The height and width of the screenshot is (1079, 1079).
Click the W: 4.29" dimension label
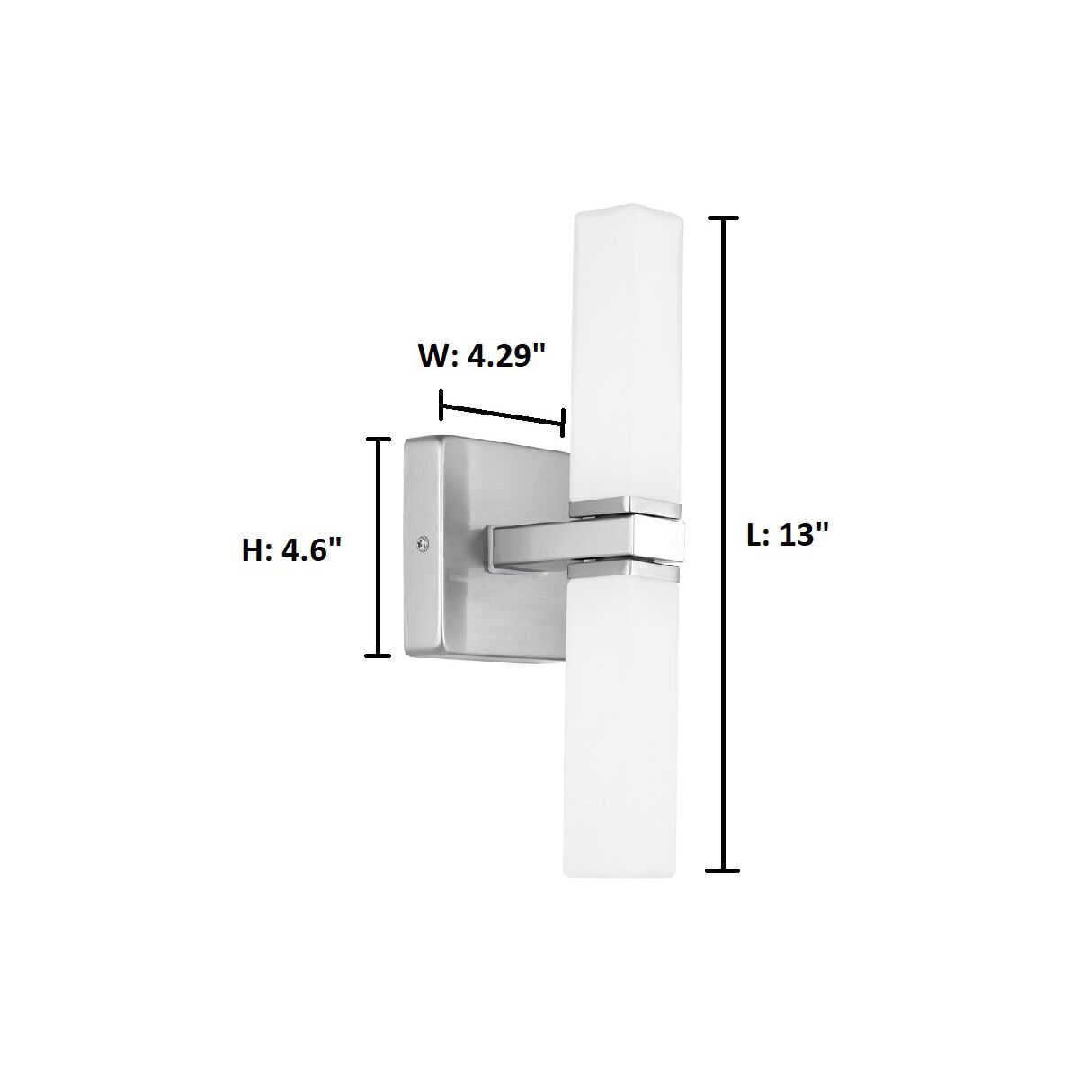pyautogui.click(x=482, y=355)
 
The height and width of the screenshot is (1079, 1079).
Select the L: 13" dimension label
pyautogui.click(x=787, y=536)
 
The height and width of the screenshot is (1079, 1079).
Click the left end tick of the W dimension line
pyautogui.click(x=441, y=405)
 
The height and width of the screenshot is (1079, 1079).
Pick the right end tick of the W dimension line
pyautogui.click(x=564, y=421)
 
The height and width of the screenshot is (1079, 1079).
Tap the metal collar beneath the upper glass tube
pyautogui.click(x=627, y=508)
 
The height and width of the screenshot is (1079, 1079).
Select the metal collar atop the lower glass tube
pyautogui.click(x=627, y=569)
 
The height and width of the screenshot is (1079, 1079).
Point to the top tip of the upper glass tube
pyautogui.click(x=627, y=214)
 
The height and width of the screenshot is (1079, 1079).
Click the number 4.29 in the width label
pyautogui.click(x=504, y=355)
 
